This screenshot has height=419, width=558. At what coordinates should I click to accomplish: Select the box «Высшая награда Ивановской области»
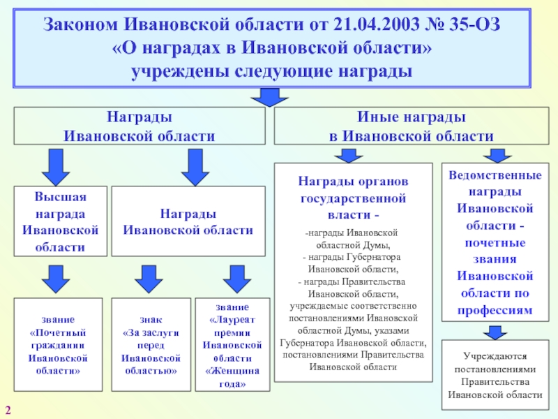pyautogui.click(x=61, y=220)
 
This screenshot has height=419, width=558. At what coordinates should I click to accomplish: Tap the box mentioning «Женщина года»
pyautogui.click(x=232, y=344)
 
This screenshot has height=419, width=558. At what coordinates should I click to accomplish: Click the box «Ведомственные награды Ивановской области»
pyautogui.click(x=495, y=241)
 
